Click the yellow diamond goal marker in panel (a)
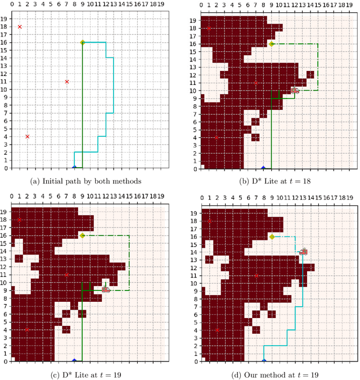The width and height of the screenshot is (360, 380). pos(82,42)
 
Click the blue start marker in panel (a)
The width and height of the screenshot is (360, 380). pos(74,167)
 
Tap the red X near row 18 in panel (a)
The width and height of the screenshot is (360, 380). pos(20,26)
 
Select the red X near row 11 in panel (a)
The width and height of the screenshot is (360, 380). pos(66,82)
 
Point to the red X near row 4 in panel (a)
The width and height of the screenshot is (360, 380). pos(27,136)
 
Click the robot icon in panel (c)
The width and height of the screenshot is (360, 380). pos(105,289)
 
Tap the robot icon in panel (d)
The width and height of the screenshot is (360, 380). pos(303,252)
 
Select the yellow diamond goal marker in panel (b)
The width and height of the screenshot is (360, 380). pos(271,43)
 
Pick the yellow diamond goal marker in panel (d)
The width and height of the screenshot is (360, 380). pos(271,236)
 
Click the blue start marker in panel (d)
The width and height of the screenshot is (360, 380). pos(263,360)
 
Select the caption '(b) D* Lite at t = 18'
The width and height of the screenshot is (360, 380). pos(271,181)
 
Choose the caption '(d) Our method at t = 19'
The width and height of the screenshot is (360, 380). pos(271,374)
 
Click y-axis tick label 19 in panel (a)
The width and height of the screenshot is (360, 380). pos(6,19)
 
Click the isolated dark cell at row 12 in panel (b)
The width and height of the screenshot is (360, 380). pos(310,74)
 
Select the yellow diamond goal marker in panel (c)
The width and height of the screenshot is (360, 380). pos(82,235)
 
